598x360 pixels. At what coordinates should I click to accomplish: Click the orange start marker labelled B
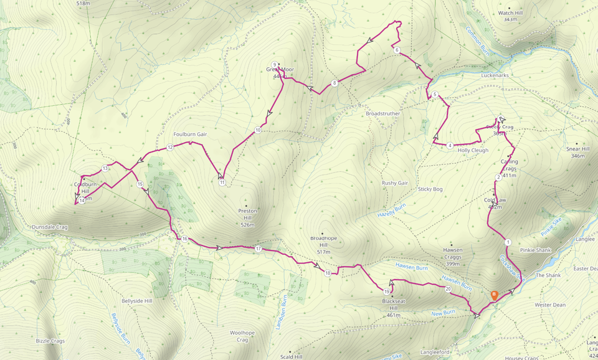[x=494, y=295]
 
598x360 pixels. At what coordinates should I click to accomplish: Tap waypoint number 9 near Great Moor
[x=274, y=65]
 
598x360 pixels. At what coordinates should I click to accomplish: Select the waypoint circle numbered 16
[x=185, y=239]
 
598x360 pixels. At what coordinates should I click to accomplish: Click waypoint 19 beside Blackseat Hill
[x=387, y=291]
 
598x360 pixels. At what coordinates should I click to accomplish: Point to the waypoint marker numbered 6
[x=396, y=50]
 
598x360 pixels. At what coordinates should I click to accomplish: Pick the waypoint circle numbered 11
[x=222, y=182]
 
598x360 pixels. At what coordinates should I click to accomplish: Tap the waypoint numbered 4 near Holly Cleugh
[x=450, y=146]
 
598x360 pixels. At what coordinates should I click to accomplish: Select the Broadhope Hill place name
[x=323, y=242]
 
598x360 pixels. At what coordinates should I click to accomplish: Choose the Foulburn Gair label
[x=190, y=134]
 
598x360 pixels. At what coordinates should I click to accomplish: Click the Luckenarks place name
[x=495, y=75]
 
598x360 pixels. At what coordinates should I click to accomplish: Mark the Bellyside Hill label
[x=136, y=301]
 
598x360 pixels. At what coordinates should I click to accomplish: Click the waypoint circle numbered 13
[x=106, y=168]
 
